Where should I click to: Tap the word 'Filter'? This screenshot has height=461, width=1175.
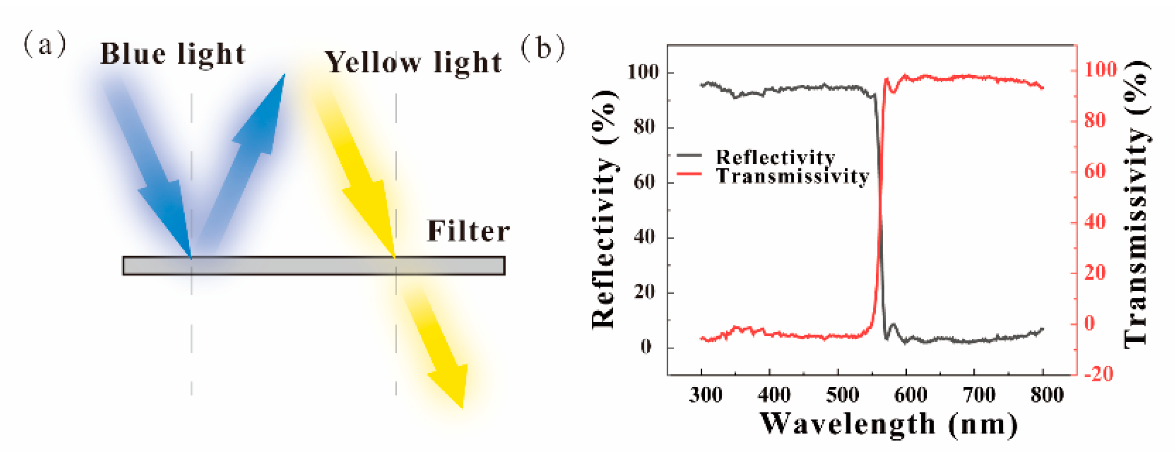[x=468, y=232]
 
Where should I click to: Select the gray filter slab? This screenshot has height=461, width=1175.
[x=314, y=266]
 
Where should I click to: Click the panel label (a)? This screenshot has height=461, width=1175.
[x=45, y=45]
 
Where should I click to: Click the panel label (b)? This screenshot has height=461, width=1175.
[x=543, y=48]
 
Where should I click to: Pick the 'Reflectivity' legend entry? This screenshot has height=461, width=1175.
[x=775, y=157]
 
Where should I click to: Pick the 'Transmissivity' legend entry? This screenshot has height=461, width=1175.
[x=792, y=176]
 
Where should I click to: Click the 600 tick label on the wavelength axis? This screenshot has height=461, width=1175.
[x=911, y=395]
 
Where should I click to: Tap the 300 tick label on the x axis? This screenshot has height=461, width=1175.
[x=705, y=395]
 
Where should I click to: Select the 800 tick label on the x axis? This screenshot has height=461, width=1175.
[x=1047, y=395]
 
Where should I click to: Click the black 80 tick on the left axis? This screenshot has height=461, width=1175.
[x=644, y=126]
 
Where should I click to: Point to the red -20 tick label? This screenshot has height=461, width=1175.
[x=1099, y=374]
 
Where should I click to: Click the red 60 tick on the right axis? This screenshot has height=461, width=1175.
[x=1095, y=171]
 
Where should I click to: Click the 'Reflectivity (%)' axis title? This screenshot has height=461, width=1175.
[x=604, y=209]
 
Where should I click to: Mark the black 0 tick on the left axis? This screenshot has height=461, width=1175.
[x=646, y=347]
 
